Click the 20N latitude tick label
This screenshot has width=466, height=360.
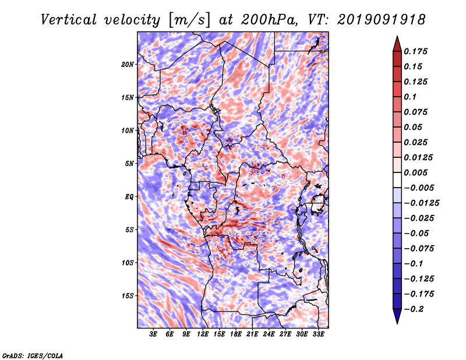[128, 64]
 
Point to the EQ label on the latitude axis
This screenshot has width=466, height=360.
[129, 197]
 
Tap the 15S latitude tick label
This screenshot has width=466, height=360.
[128, 296]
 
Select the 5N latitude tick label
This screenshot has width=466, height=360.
[129, 164]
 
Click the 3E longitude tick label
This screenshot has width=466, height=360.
[153, 334]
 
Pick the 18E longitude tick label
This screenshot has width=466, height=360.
[236, 334]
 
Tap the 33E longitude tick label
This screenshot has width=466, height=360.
[318, 334]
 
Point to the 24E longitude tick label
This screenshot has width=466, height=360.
[269, 334]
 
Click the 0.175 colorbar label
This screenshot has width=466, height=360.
[415, 51]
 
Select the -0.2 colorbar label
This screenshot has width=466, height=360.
[414, 309]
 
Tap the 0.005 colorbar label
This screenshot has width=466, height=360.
[415, 172]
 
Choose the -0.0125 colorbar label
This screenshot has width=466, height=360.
[421, 203]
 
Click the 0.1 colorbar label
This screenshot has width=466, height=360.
[410, 97]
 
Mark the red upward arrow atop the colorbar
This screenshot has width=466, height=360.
[397, 44]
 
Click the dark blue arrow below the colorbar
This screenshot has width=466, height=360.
[397, 316]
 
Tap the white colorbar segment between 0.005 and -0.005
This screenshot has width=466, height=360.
[397, 180]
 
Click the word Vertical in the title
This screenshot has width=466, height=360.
[68, 20]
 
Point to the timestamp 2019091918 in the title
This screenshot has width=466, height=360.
[382, 20]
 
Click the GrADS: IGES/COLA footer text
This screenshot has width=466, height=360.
[33, 355]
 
